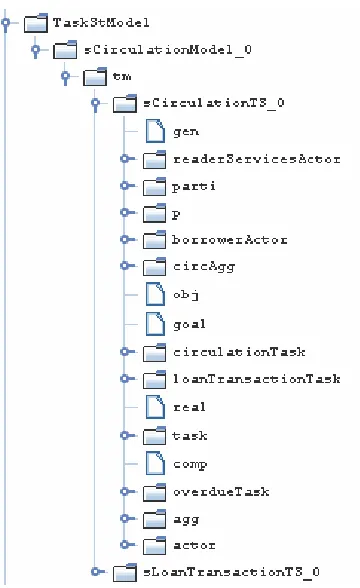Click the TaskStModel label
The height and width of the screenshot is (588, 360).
(101, 22)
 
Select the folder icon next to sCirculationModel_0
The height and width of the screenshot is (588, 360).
(65, 50)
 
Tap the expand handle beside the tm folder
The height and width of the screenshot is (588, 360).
(66, 77)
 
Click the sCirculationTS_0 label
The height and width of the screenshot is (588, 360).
(214, 103)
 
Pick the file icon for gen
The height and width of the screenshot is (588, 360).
(155, 131)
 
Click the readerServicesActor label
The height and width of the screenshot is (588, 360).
(257, 159)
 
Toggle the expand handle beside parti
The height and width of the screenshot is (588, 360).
(125, 185)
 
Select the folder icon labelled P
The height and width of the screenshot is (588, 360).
(154, 213)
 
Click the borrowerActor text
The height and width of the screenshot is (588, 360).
(230, 240)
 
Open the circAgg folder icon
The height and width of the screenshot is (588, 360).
(154, 266)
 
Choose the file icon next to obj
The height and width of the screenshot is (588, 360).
(155, 294)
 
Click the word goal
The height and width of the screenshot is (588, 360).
(189, 324)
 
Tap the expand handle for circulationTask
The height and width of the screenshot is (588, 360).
(125, 352)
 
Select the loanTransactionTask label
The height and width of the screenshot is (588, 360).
(257, 379)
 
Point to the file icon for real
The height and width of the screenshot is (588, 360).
(155, 407)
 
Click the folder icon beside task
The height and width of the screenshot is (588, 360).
(154, 436)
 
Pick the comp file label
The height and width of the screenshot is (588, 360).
(190, 465)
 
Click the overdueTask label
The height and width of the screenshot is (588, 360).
(221, 492)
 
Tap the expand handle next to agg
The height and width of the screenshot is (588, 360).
(125, 518)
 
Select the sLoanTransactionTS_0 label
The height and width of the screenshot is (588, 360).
(231, 572)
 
